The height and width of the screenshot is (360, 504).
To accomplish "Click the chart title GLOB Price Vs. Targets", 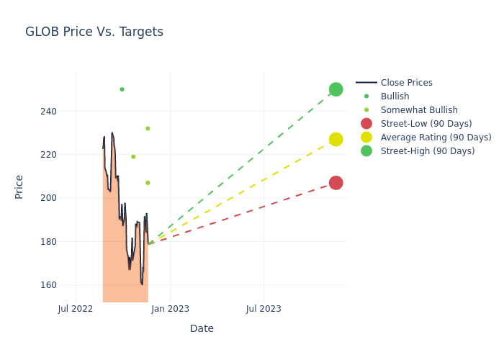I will pos(94,32).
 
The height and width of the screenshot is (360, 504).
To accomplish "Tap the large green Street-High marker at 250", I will pos(336,89).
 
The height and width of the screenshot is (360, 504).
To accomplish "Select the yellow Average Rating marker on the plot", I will pos(336,139).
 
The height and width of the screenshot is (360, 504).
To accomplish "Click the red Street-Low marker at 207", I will pos(336,183).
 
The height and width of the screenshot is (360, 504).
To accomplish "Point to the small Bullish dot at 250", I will pos(122,89).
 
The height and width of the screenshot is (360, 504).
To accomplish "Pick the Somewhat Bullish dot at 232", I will pos(148,128).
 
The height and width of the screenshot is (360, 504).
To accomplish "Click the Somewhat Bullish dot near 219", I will pos(133,157).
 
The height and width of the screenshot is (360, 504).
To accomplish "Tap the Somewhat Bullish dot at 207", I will pos(148,183).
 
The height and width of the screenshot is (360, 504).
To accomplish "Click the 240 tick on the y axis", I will pos(48,112).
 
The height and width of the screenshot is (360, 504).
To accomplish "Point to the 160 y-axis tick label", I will pos(48,285).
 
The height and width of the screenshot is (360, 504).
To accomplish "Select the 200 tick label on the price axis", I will pos(48,198).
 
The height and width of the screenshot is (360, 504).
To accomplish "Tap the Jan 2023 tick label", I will pos(171,309).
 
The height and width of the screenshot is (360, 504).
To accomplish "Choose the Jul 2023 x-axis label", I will pos(264,309).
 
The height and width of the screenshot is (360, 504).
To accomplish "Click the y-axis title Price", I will pos(19,186).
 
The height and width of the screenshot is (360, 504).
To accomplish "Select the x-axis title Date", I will pos(202,328).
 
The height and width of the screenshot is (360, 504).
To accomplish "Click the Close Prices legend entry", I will pos(406,83).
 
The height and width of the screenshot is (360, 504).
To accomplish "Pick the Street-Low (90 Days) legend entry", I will pos(426,124).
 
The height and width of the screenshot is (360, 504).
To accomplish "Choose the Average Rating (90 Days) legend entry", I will pos(436,138).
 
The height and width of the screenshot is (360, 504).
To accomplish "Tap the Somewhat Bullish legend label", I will pos(419,110).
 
